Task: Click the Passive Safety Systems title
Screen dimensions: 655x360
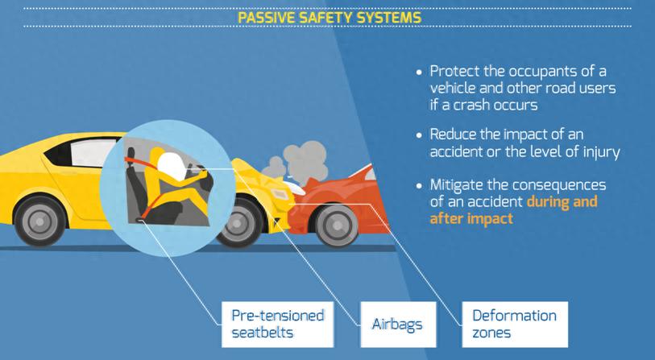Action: click(330, 18)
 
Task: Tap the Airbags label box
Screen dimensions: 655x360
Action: click(398, 325)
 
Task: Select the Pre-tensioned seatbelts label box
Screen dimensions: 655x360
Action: click(277, 325)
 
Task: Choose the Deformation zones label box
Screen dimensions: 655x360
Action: click(515, 325)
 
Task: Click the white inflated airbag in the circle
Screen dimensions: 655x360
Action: click(172, 166)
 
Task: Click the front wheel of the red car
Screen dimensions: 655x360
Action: click(337, 226)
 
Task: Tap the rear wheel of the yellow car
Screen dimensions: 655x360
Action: click(40, 221)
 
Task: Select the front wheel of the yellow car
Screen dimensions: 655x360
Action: click(238, 223)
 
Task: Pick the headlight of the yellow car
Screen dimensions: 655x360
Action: click(280, 194)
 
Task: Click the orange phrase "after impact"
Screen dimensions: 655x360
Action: click(471, 218)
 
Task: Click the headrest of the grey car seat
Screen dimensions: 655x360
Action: click(131, 153)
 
